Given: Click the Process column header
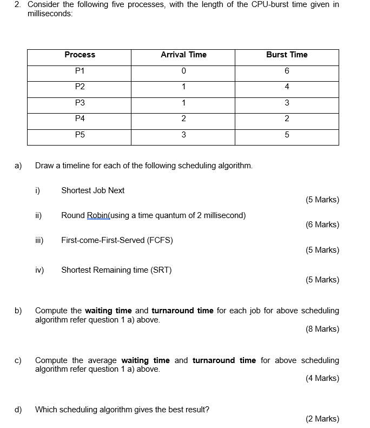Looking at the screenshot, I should click(x=80, y=55).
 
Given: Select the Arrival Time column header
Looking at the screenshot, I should click(x=183, y=55).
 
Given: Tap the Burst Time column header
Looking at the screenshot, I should click(x=287, y=55).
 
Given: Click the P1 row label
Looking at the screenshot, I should click(x=80, y=71).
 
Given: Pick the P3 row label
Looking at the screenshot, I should click(x=80, y=103).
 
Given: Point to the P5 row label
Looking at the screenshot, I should click(x=80, y=135).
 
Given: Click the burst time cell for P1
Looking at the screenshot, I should click(x=287, y=71).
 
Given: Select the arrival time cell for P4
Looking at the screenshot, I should click(x=183, y=119).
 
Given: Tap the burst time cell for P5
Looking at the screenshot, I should click(x=287, y=135).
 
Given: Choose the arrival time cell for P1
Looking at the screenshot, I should click(x=183, y=71).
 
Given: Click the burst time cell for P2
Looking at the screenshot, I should click(x=287, y=87).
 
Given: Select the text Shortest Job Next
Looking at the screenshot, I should click(x=93, y=190).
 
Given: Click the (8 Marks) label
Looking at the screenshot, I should click(x=322, y=329).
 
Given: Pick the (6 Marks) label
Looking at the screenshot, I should click(x=322, y=225).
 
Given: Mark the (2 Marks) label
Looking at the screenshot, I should click(x=322, y=419).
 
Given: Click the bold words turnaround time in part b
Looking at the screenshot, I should click(x=182, y=311).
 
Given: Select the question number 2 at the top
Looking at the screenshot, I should click(x=17, y=4).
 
